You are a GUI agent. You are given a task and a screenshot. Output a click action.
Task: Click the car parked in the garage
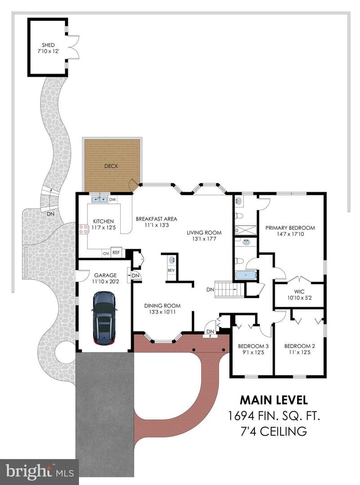(x=105, y=317)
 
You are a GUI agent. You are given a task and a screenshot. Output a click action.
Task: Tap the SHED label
(x=48, y=45)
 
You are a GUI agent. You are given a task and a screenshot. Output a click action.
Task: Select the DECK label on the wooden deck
(x=111, y=166)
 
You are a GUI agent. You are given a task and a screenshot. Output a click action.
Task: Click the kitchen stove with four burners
(x=83, y=229)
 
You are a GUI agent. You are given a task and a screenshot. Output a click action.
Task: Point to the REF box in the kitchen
(x=116, y=252)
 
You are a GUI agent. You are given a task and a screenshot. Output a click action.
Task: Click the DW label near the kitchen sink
(x=113, y=200)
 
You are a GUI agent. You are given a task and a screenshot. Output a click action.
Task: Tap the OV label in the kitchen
(x=106, y=253)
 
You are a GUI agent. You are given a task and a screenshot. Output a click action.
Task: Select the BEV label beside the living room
(x=171, y=270)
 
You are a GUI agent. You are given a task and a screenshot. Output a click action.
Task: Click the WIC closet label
(x=299, y=291)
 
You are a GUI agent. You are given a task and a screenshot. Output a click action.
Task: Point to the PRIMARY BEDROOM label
(x=290, y=228)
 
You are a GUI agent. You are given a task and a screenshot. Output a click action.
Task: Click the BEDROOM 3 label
(x=253, y=346)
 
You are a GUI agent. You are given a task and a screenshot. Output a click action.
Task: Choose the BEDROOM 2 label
(x=300, y=346)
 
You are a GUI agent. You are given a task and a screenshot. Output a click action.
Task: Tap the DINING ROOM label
(x=162, y=306)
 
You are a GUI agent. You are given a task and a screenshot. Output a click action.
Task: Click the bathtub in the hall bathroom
(x=246, y=275)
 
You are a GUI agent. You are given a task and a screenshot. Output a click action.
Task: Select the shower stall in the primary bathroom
(x=246, y=230)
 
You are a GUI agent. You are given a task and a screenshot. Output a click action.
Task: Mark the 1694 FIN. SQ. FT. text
(x=274, y=416)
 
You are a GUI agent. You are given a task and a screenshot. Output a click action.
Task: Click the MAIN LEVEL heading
(x=274, y=400)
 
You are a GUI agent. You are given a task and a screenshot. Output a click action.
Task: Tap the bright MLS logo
(x=40, y=472)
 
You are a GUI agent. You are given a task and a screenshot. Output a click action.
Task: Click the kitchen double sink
(x=99, y=199)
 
